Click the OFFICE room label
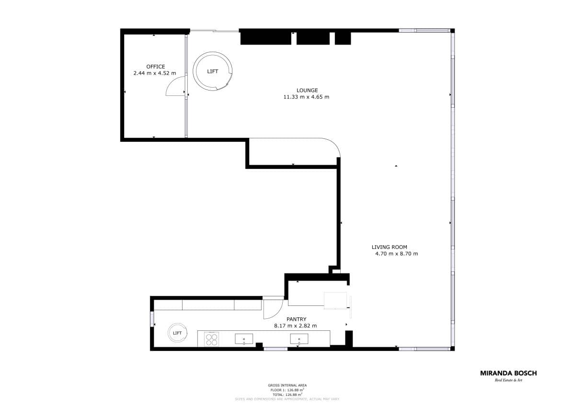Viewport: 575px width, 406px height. coord(156,67)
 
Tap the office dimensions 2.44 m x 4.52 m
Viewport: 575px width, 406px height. coord(154,73)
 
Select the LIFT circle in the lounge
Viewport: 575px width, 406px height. coord(213,71)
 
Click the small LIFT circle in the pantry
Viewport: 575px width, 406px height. coord(177,333)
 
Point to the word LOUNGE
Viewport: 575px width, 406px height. coord(307,90)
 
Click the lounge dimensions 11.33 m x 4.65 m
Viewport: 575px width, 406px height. coord(307,97)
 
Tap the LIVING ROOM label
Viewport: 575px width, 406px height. coord(389,247)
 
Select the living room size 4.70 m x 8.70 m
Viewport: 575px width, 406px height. coord(396,254)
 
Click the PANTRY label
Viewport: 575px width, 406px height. coord(296,319)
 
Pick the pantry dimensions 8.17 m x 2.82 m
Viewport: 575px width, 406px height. coord(295,326)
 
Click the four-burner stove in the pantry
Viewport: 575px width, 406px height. coord(212,339)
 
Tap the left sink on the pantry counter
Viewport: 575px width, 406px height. coord(244,339)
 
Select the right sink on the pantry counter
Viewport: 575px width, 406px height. coord(299,339)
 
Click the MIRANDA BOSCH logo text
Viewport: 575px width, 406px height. coord(508,373)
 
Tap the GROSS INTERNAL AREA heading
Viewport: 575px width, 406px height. coord(287,385)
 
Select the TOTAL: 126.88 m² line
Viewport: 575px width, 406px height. coord(287,394)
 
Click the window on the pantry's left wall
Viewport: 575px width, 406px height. coord(152,319)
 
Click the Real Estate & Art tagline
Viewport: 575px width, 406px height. coord(508,380)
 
